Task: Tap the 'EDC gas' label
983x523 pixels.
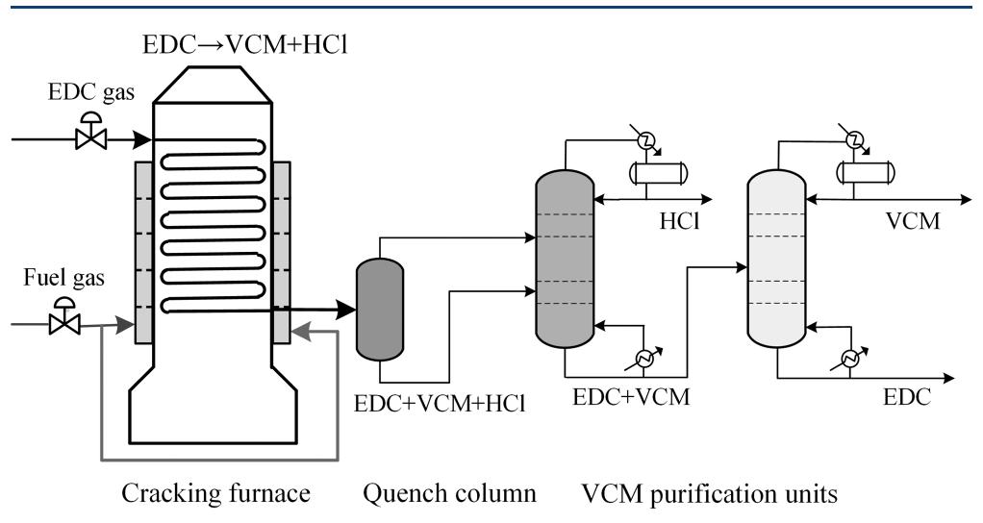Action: pos(85,96)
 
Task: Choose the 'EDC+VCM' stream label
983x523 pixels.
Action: pos(631,395)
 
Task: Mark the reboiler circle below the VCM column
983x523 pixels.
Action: pos(851,358)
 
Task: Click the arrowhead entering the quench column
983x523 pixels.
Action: pos(344,310)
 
